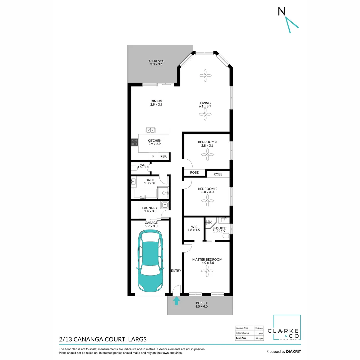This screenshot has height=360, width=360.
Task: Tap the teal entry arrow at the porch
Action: click(x=177, y=301)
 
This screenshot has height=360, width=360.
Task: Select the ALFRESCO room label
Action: click(x=156, y=61)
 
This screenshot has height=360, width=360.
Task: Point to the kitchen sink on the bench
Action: click(x=150, y=130)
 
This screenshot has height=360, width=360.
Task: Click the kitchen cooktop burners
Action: click(x=135, y=142)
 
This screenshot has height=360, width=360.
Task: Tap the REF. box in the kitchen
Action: click(x=163, y=156)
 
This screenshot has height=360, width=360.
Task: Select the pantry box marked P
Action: click(x=153, y=156)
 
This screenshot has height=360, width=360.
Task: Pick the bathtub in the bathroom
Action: click(x=145, y=193)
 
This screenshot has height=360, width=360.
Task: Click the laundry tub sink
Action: click(x=165, y=204)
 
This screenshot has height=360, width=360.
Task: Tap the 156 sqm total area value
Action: click(x=258, y=338)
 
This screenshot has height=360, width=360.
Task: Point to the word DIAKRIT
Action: click(x=293, y=352)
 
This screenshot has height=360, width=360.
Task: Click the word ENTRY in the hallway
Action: click(x=176, y=271)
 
